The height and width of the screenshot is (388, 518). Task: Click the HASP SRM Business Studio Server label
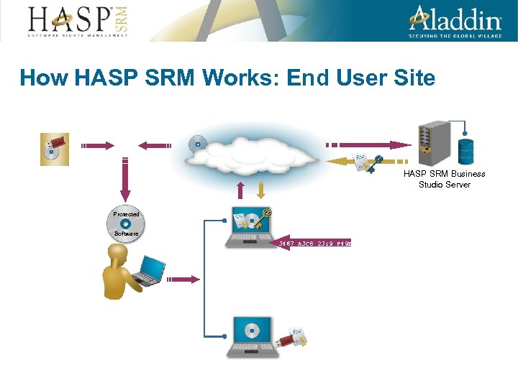(x=444, y=179)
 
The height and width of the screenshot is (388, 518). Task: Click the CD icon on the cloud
(x=196, y=144)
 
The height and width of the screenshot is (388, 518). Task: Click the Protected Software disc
(x=126, y=224)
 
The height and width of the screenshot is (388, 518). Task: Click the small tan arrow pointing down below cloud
(x=261, y=190)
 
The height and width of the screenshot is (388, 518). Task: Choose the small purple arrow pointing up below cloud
(x=242, y=190)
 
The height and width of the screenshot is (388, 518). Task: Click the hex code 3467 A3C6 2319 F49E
(x=314, y=244)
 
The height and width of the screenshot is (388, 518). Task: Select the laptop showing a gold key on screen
(x=249, y=227)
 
